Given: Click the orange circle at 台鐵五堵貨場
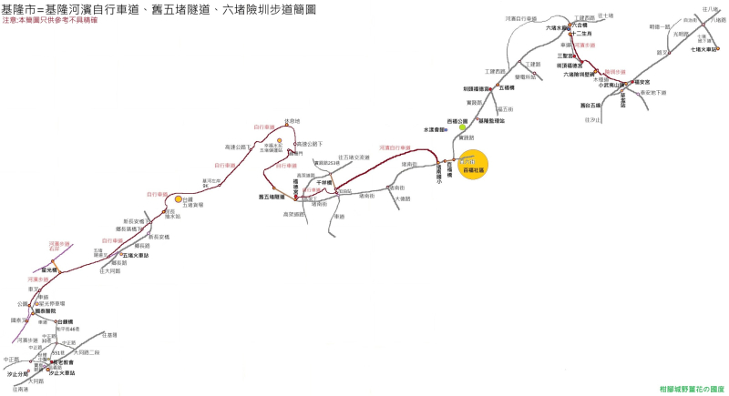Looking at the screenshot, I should point(179,199).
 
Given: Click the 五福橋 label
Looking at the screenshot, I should point(508,88).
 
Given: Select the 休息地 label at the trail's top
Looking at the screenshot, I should point(292,120).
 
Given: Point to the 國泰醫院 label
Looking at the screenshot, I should point(46,311).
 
